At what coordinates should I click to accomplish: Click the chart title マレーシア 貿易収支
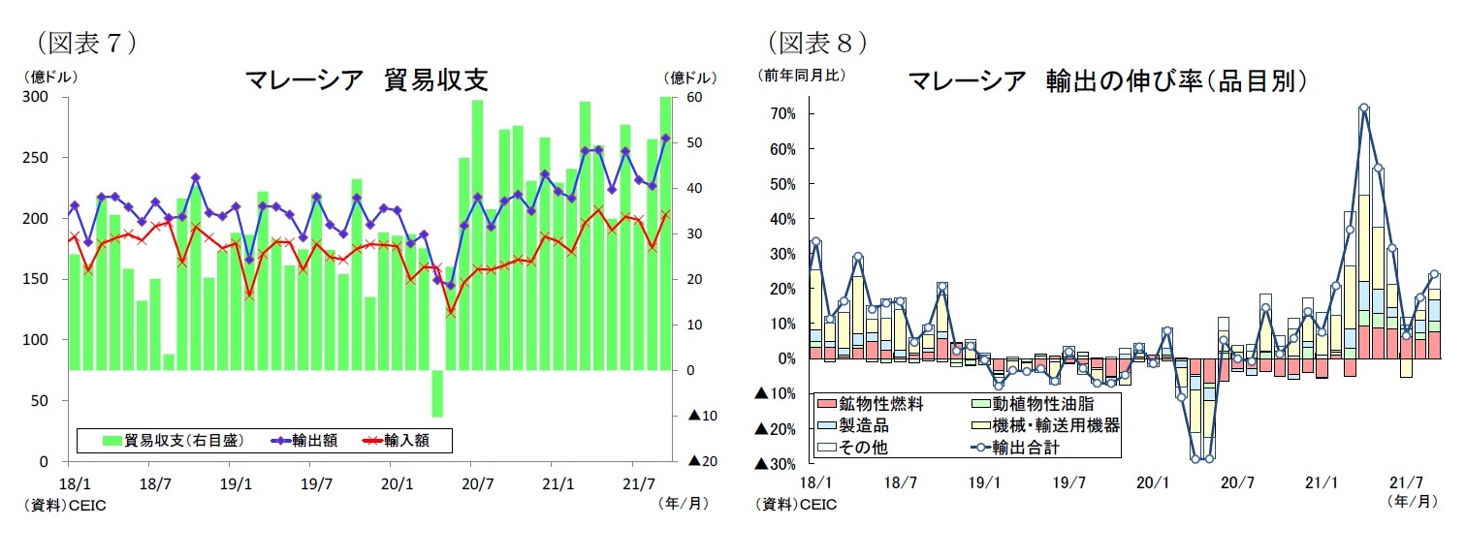pyautogui.click(x=366, y=80)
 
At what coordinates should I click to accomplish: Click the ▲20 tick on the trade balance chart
pyautogui.click(x=702, y=461)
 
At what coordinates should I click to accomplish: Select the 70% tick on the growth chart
pyautogui.click(x=781, y=114)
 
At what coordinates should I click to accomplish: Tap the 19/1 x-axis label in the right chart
pyautogui.click(x=984, y=481)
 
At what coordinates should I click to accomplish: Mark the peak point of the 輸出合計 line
pyautogui.click(x=1363, y=109)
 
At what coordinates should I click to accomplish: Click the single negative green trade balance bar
pyautogui.click(x=437, y=393)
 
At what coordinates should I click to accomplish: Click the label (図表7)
pyautogui.click(x=85, y=42)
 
